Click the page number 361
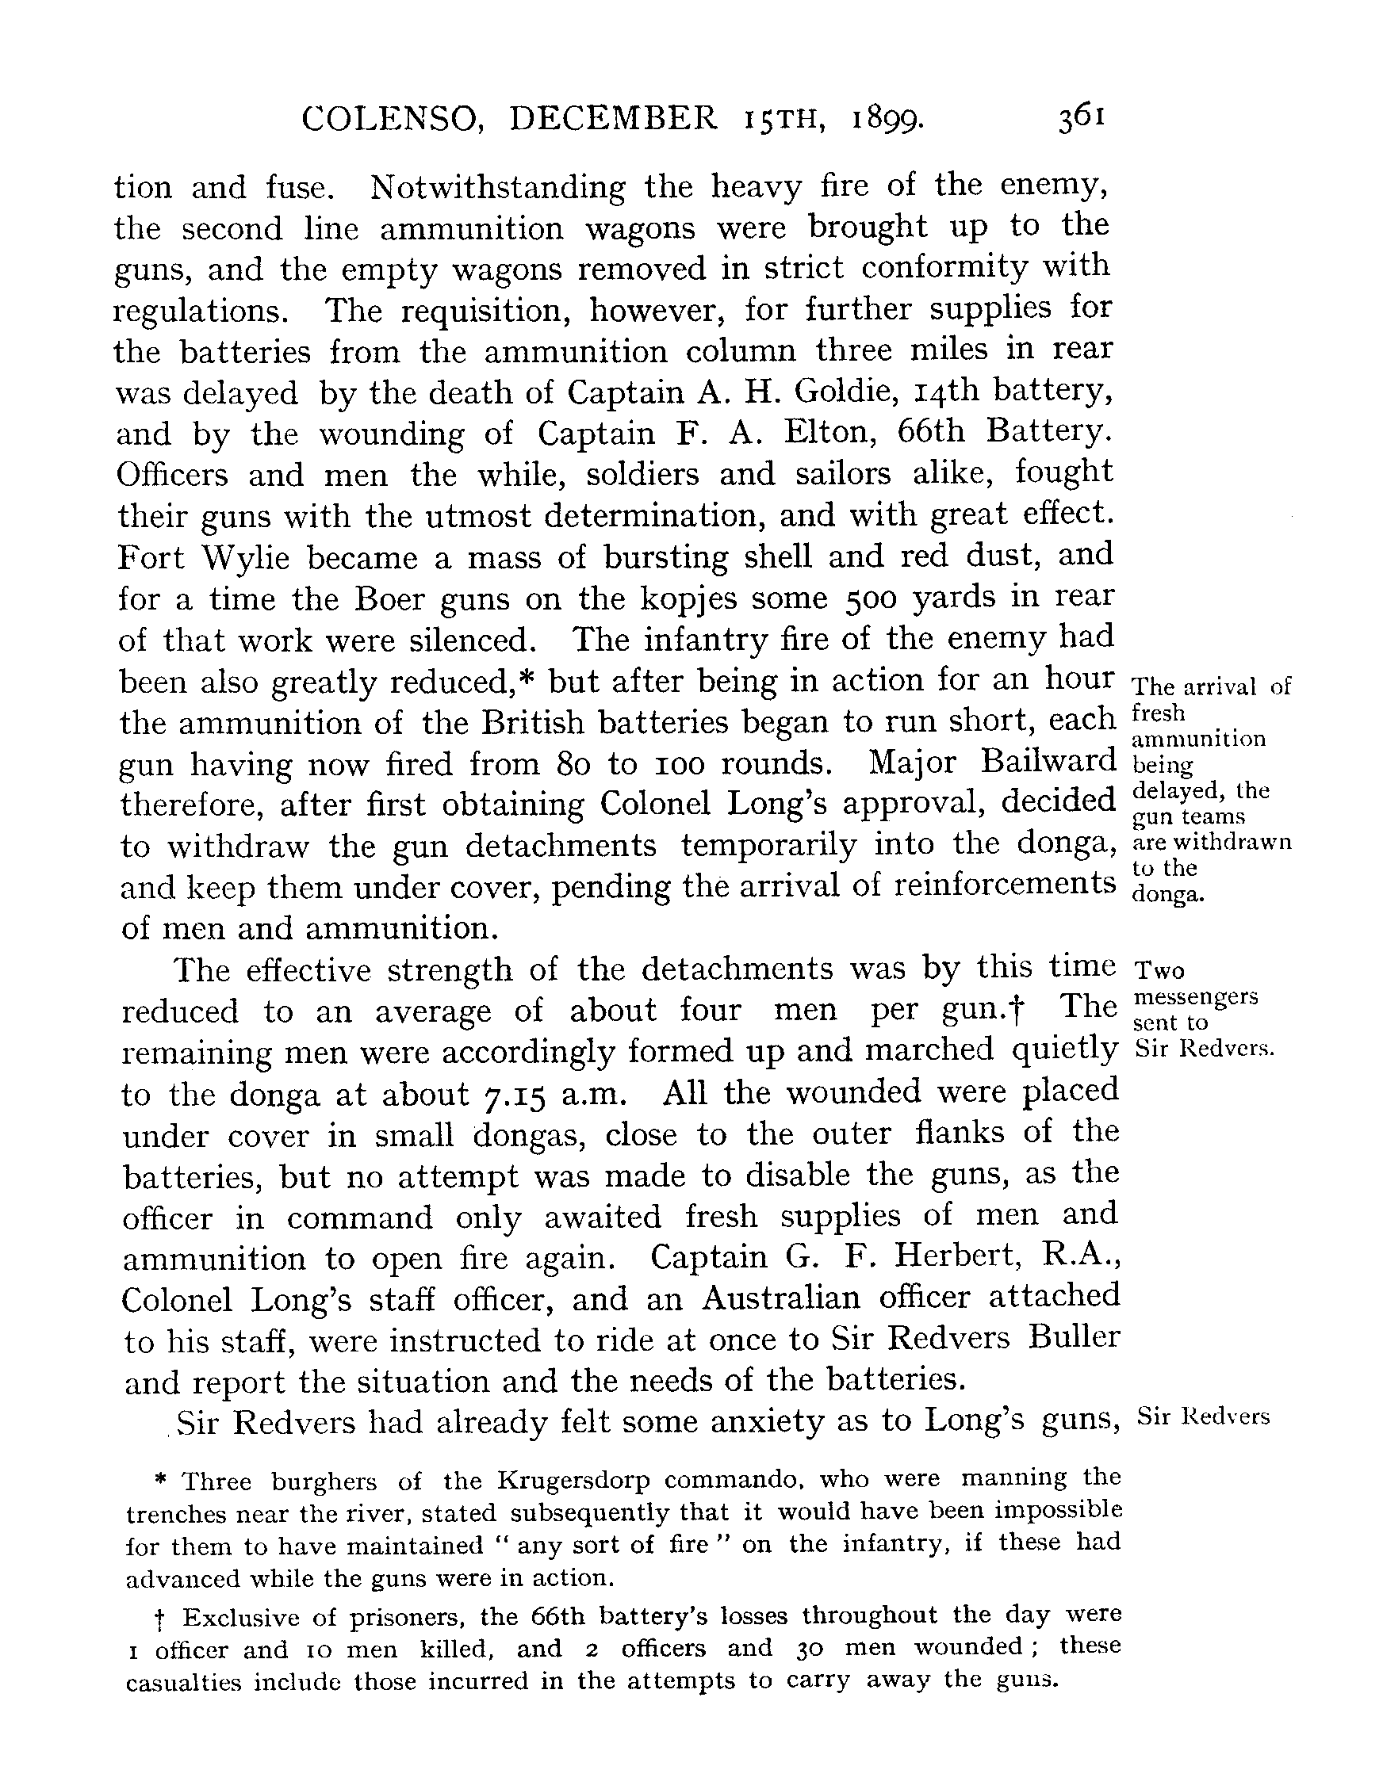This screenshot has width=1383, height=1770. tap(1082, 119)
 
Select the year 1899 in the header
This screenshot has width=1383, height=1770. tap(887, 120)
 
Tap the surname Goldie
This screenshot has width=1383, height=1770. tap(854, 392)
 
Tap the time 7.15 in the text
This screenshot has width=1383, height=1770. tap(516, 1095)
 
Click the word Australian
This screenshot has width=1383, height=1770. tap(781, 1299)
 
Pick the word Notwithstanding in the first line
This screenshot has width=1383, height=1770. tap(498, 188)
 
